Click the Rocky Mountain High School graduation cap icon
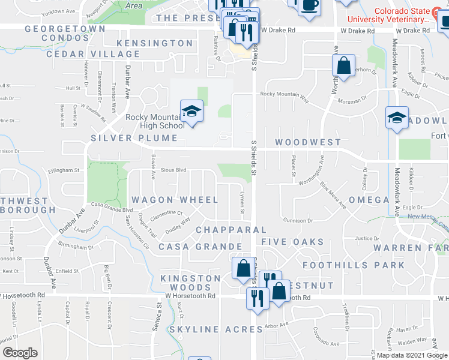tap(191, 112)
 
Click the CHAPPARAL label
tap(231, 230)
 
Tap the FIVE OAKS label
tap(292, 242)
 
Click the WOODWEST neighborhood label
tap(308, 142)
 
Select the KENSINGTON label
tap(155, 43)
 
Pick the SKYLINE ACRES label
tap(215, 329)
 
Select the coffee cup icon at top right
tap(310, 5)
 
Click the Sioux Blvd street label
tap(172, 170)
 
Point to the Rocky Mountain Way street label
tap(285, 94)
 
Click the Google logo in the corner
tap(20, 353)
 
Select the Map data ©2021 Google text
tap(412, 355)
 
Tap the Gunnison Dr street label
tap(294, 220)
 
